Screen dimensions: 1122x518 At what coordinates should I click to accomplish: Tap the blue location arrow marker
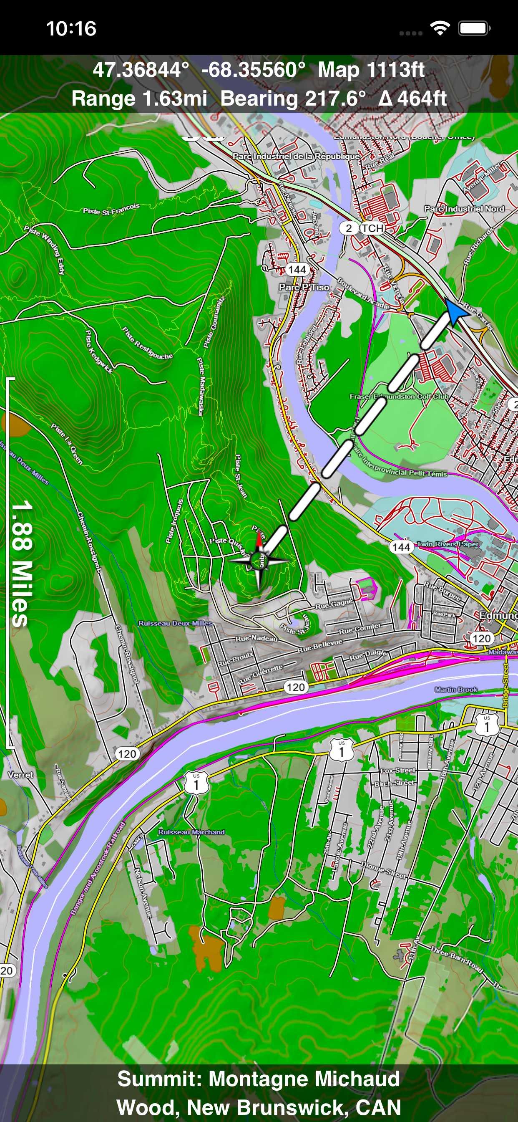tap(455, 312)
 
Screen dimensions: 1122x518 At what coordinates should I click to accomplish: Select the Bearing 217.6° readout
tap(293, 99)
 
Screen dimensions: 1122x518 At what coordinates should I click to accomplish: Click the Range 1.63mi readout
tap(139, 99)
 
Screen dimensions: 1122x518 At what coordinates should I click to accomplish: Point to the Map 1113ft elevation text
tap(371, 70)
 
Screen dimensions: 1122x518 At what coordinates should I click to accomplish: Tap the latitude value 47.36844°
tap(141, 70)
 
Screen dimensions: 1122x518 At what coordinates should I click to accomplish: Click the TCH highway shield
tap(372, 228)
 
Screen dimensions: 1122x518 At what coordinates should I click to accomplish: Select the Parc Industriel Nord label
tap(464, 209)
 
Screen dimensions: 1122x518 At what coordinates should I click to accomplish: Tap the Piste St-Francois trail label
tap(111, 210)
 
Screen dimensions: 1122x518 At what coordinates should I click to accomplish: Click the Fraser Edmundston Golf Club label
tap(399, 397)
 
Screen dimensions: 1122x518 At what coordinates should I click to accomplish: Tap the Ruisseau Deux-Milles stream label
tap(175, 623)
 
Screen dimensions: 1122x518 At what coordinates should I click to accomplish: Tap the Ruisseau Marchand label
tap(191, 832)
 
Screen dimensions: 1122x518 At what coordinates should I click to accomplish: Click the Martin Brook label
tap(456, 690)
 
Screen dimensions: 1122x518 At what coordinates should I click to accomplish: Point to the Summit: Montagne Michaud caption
tap(259, 1079)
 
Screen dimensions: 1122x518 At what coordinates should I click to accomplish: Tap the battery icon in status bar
tap(474, 29)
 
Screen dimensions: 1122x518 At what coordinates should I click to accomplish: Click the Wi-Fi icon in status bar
tap(440, 29)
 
